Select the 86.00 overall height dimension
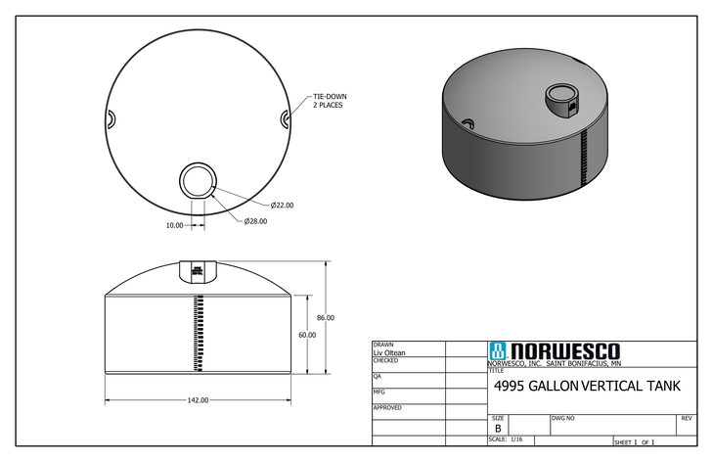[325, 317]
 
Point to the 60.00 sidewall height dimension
[306, 335]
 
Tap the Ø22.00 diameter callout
[282, 205]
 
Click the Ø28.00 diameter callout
[255, 221]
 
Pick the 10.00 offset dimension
[174, 225]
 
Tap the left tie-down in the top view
[111, 118]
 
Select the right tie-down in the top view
[285, 118]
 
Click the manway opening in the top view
[199, 181]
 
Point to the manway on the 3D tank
[560, 98]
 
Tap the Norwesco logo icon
[497, 351]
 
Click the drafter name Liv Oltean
[389, 352]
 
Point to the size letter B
[498, 429]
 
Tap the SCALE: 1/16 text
[506, 439]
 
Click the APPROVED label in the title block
[388, 407]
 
